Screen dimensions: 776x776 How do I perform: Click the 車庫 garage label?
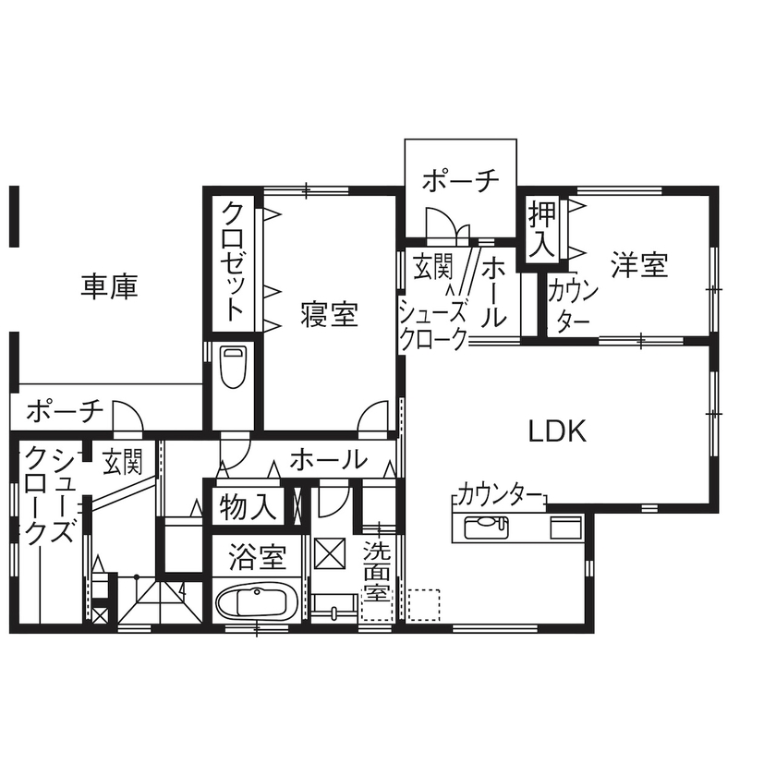tap(110, 287)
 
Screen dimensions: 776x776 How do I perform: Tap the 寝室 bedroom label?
tap(329, 315)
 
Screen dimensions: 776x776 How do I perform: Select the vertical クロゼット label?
tap(234, 262)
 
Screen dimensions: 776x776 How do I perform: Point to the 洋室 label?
tap(639, 266)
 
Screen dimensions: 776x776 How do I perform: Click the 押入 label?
tap(541, 230)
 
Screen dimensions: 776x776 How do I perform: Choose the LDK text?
tap(557, 431)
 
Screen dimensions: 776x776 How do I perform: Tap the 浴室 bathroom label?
tap(256, 557)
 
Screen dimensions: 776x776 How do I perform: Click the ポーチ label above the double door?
tap(461, 181)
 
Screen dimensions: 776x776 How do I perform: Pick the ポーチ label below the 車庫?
tap(65, 411)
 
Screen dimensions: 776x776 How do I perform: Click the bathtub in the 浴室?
tap(258, 605)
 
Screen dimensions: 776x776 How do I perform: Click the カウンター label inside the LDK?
tap(500, 493)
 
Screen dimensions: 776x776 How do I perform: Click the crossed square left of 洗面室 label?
tap(328, 553)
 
